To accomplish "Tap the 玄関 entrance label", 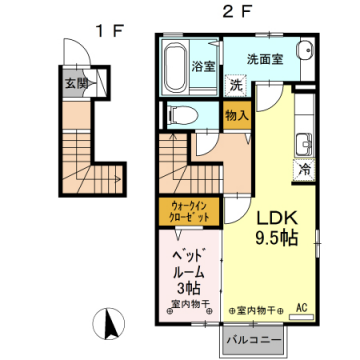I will click(x=76, y=84).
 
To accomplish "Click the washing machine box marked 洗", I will click(x=235, y=86).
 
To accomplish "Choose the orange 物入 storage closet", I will click(x=236, y=116).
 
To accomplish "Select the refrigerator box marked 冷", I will click(x=303, y=170).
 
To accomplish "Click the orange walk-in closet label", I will click(x=183, y=211).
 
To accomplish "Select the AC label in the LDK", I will click(x=300, y=311).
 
